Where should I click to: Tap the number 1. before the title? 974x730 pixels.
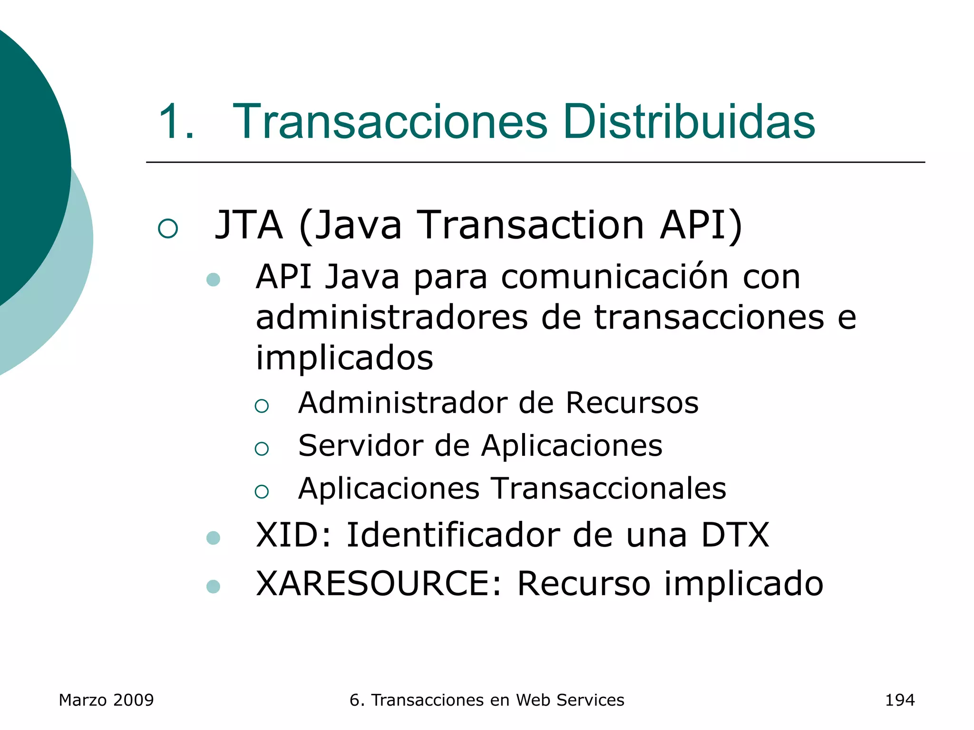tap(175, 122)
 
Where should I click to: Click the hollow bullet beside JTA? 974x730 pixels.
tap(167, 229)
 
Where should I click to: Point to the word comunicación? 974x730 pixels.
tap(614, 277)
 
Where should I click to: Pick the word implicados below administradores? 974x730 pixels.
tap(344, 358)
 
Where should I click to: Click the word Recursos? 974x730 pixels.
tap(632, 403)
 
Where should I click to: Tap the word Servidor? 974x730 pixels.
tap(360, 446)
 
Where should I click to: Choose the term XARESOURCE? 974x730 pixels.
tap(379, 584)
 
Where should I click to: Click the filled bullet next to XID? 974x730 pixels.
tap(214, 538)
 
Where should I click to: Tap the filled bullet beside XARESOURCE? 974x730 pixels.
tap(214, 586)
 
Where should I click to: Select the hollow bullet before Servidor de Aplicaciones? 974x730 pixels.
tap(262, 449)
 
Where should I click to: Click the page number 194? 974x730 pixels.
tap(899, 700)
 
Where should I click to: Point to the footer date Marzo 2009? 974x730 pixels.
tap(106, 700)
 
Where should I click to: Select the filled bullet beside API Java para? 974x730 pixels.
tap(214, 279)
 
